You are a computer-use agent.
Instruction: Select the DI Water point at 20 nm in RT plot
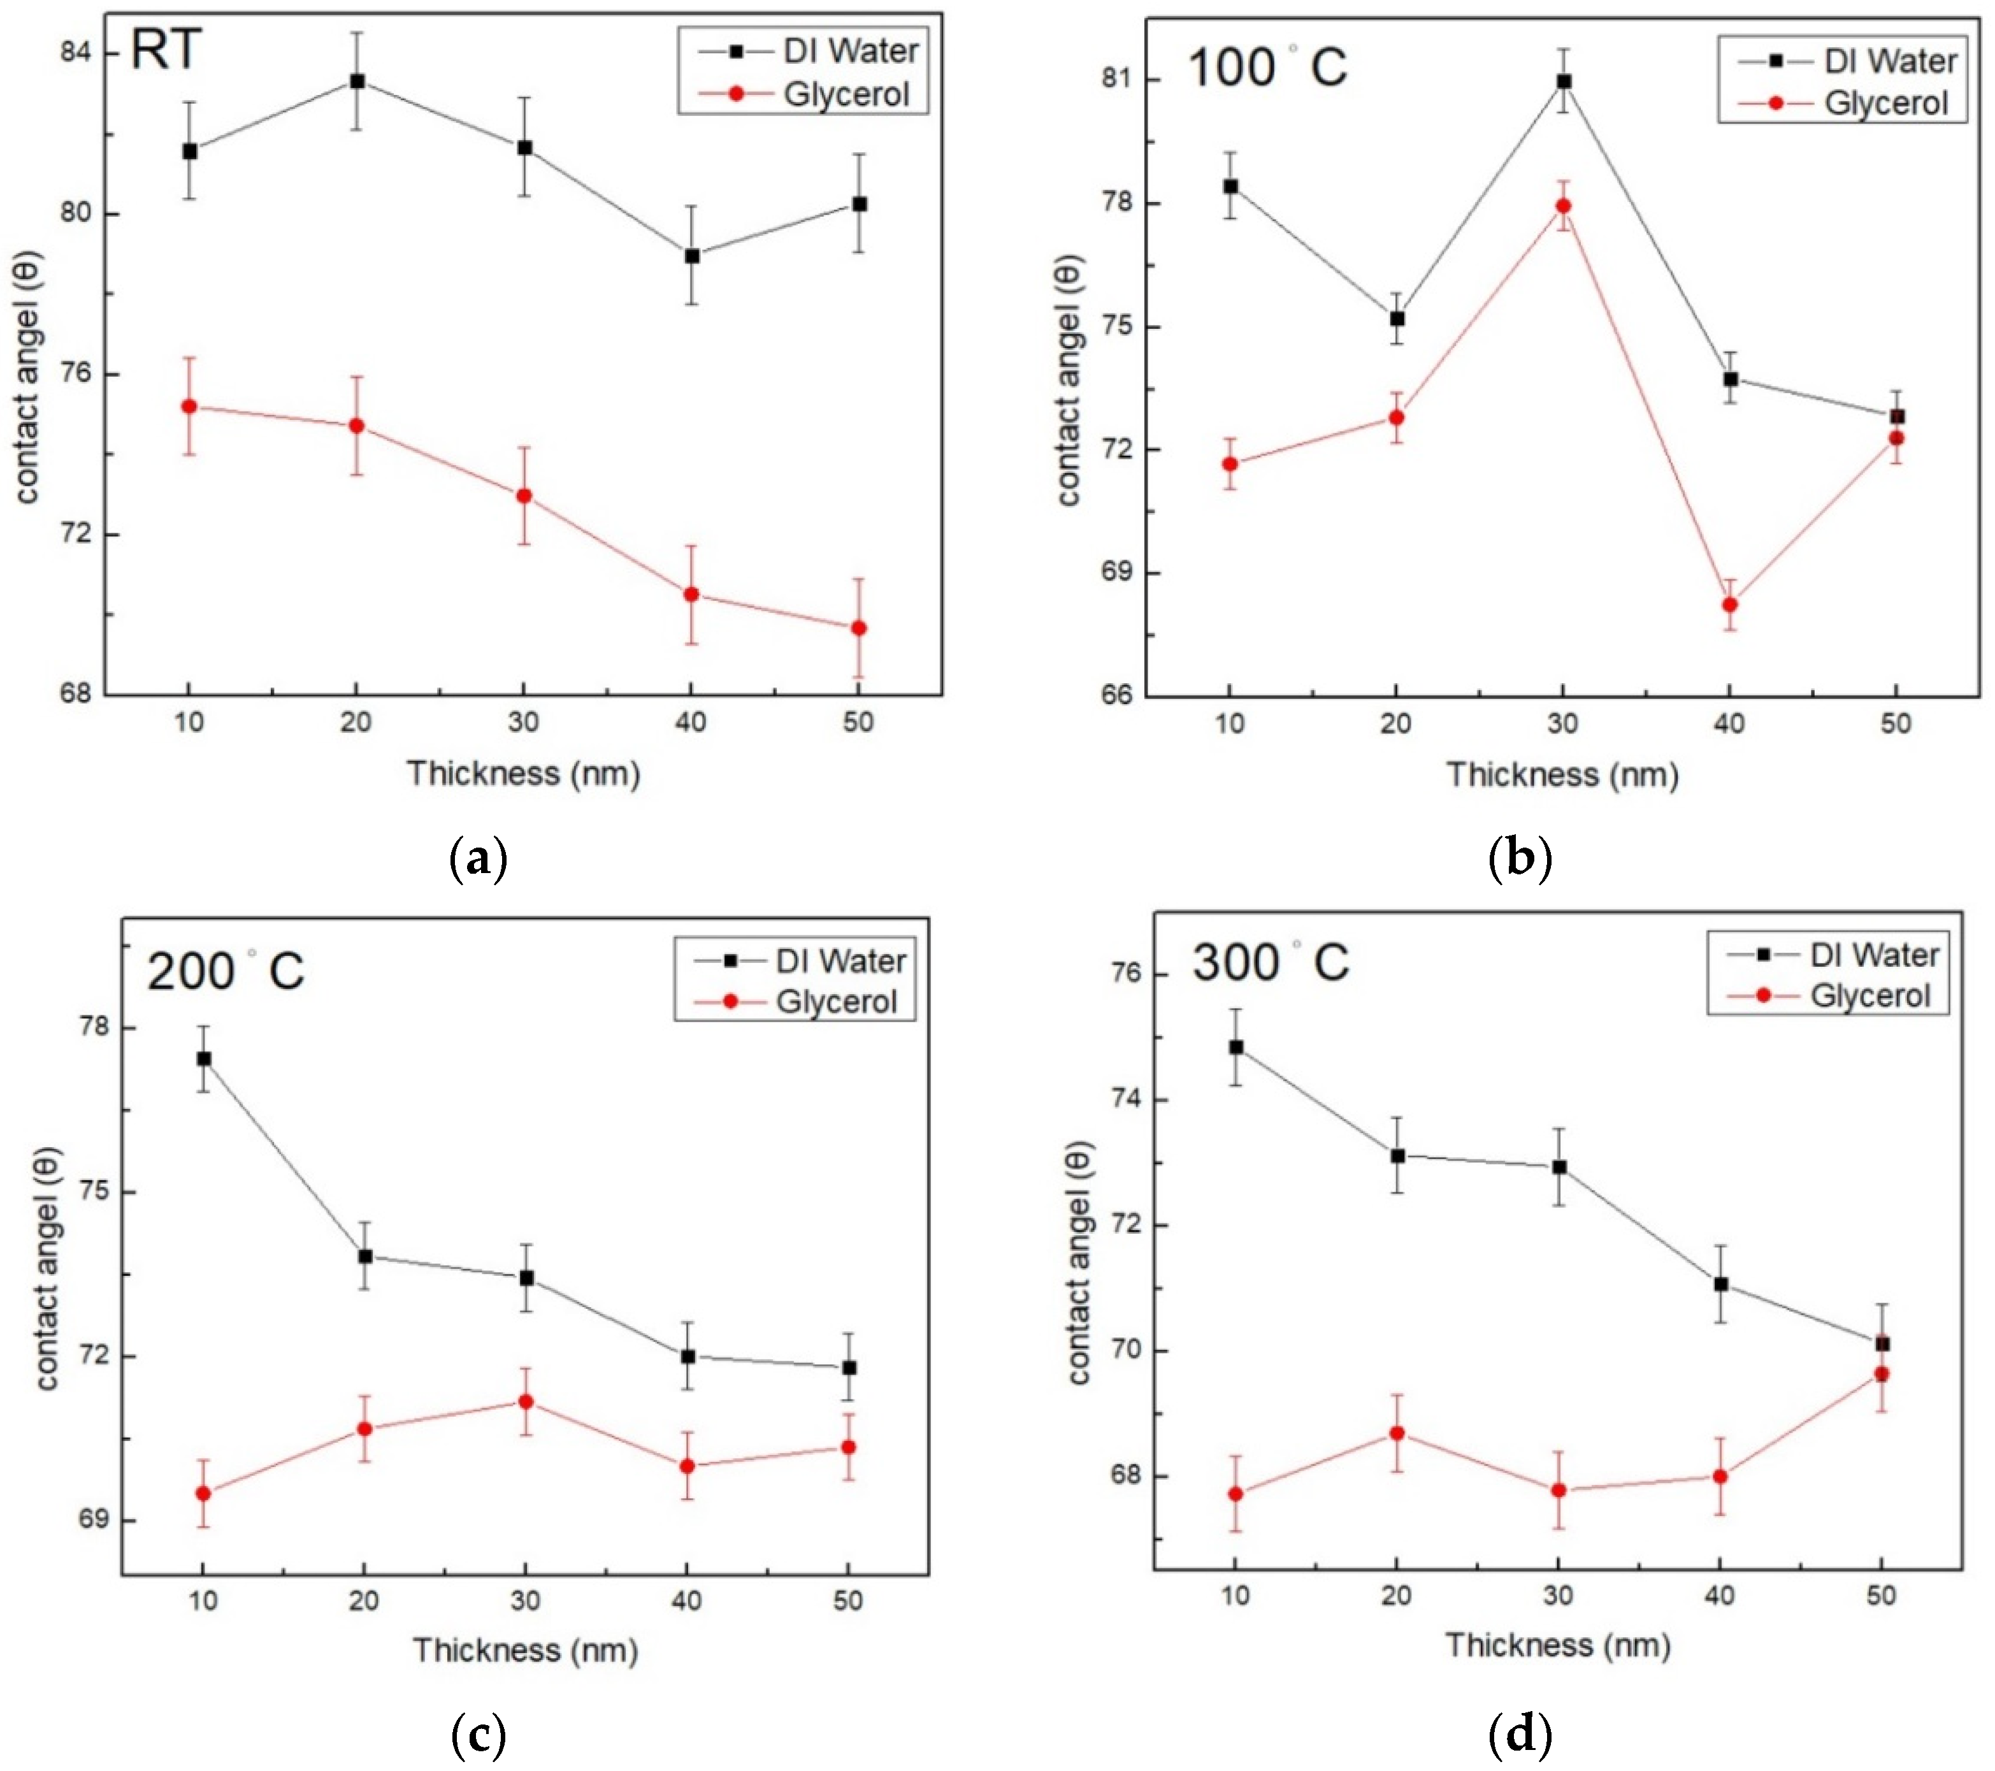tap(357, 81)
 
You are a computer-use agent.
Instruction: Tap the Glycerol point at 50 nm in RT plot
tap(858, 628)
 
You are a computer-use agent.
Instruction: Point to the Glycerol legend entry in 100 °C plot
tap(1885, 103)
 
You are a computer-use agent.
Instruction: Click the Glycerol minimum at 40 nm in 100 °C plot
tap(1729, 604)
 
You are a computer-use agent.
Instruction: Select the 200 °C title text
tap(226, 971)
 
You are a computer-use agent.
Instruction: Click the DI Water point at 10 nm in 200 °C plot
tap(203, 1059)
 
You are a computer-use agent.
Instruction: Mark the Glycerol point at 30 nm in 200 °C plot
tap(525, 1401)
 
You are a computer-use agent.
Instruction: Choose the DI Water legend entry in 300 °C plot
tap(1874, 954)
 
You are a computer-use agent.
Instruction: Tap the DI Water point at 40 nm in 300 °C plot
tap(1721, 1284)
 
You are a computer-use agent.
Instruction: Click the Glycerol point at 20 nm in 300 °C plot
tap(1397, 1432)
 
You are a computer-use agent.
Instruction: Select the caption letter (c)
tap(479, 1734)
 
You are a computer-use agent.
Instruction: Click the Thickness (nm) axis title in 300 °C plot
tap(1558, 1645)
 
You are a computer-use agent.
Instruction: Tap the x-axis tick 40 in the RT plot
tap(691, 723)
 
